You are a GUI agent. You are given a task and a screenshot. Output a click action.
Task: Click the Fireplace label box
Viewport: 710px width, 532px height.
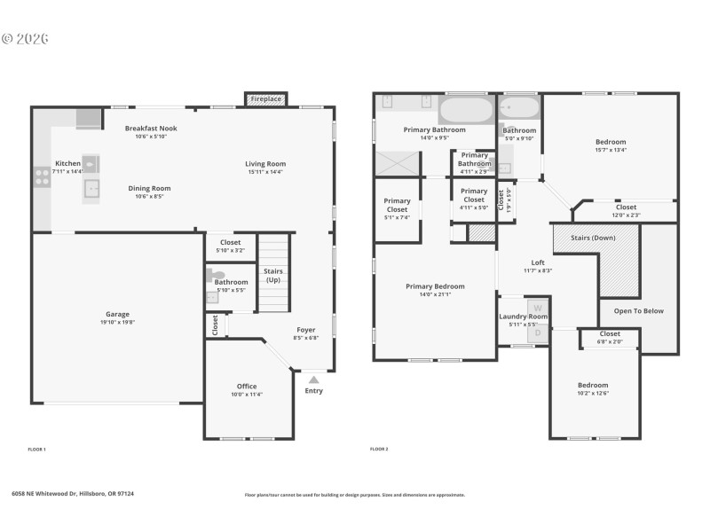click(x=265, y=99)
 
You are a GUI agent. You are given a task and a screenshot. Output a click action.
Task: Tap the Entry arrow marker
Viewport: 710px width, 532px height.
click(x=313, y=379)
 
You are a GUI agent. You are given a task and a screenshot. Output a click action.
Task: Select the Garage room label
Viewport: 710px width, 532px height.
click(x=118, y=314)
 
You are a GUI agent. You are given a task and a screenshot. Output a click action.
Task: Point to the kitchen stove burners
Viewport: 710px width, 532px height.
click(x=42, y=177)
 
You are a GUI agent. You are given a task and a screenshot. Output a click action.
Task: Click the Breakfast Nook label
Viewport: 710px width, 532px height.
click(x=151, y=129)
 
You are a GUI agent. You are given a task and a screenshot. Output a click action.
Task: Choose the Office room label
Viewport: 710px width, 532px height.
click(x=247, y=386)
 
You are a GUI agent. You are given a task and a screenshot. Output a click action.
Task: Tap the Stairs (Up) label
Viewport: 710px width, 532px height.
click(x=273, y=275)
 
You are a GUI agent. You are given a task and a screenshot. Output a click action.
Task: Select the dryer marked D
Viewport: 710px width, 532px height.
click(x=537, y=332)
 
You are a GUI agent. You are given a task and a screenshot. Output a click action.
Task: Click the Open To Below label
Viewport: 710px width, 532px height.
click(x=638, y=311)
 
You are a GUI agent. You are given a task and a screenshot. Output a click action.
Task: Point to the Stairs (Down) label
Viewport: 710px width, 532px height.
click(x=592, y=239)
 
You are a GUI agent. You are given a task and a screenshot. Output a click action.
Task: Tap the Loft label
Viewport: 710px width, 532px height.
click(x=538, y=262)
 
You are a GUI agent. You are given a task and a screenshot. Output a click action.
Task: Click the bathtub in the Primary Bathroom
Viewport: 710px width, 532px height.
click(x=465, y=111)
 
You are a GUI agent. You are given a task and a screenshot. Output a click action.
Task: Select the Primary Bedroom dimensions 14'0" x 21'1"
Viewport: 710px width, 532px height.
click(x=435, y=294)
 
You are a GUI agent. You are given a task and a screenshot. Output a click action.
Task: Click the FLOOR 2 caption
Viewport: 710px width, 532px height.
click(x=379, y=450)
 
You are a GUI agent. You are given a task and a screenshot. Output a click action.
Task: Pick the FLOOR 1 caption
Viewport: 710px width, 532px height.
click(x=36, y=450)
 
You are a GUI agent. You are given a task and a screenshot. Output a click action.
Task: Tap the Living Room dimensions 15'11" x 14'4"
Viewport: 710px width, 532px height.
click(x=265, y=172)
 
